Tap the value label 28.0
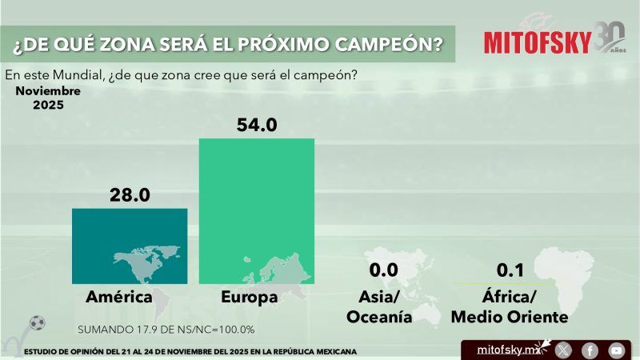tap(130, 194)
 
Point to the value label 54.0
tap(256, 125)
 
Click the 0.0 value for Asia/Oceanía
tap(383, 270)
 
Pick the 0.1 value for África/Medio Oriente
tap(510, 270)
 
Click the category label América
tap(119, 298)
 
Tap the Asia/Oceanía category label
tap(379, 307)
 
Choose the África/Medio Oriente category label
tap(510, 307)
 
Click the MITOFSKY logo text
tap(538, 42)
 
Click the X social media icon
tap(563, 350)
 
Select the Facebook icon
tap(590, 350)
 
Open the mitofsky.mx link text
tap(508, 350)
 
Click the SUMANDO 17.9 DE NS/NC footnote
tap(166, 330)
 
